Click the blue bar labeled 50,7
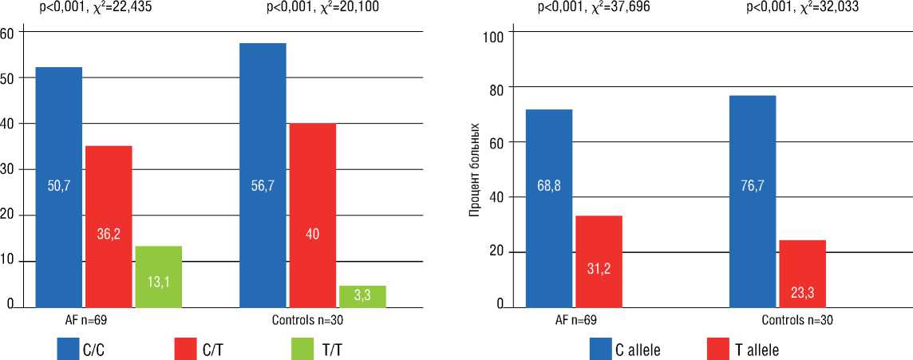58,187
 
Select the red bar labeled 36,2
109,227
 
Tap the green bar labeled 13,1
159,276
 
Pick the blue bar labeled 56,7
263,175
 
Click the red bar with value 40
312,215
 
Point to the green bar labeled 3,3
362,296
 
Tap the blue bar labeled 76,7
753,201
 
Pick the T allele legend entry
742,350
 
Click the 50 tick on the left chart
7,78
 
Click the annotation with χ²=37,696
590,7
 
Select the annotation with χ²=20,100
323,7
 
